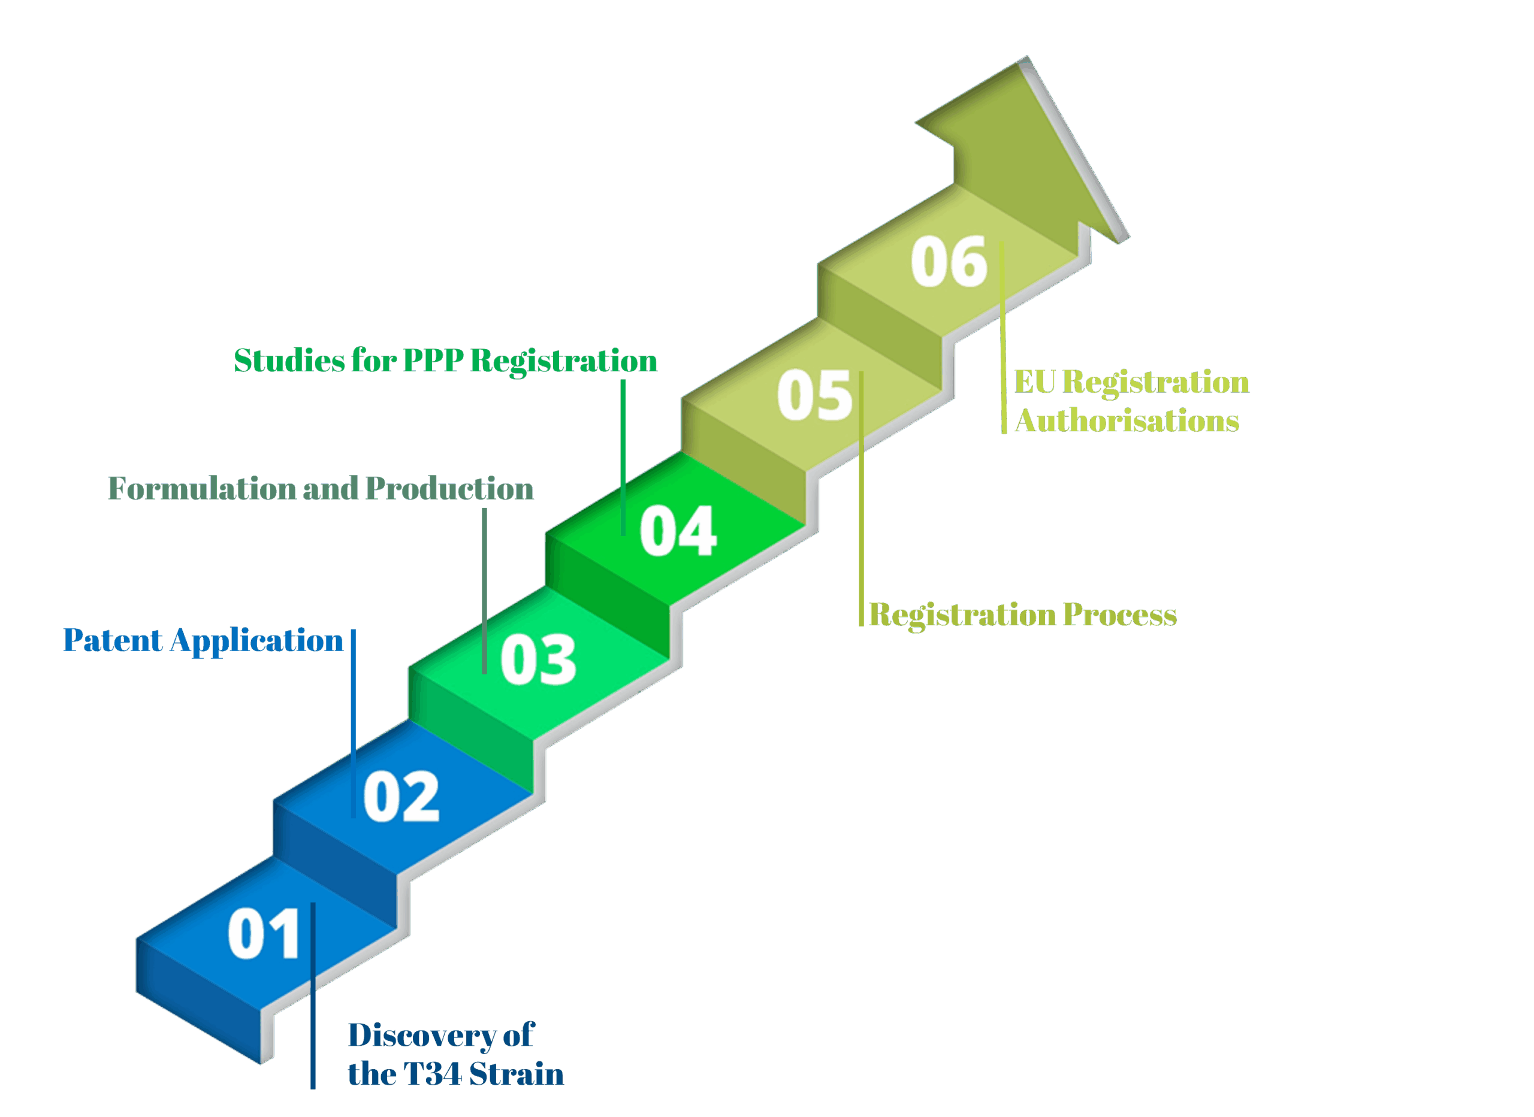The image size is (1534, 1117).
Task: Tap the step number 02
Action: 401,797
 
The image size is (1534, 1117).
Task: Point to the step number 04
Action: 678,531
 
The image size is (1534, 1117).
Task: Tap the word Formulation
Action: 201,489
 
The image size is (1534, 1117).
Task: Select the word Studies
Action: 289,361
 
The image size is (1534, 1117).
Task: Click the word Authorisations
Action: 1127,421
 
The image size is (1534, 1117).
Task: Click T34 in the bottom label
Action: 432,1074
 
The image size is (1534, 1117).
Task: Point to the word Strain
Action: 517,1074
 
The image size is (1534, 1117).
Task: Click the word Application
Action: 257,640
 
